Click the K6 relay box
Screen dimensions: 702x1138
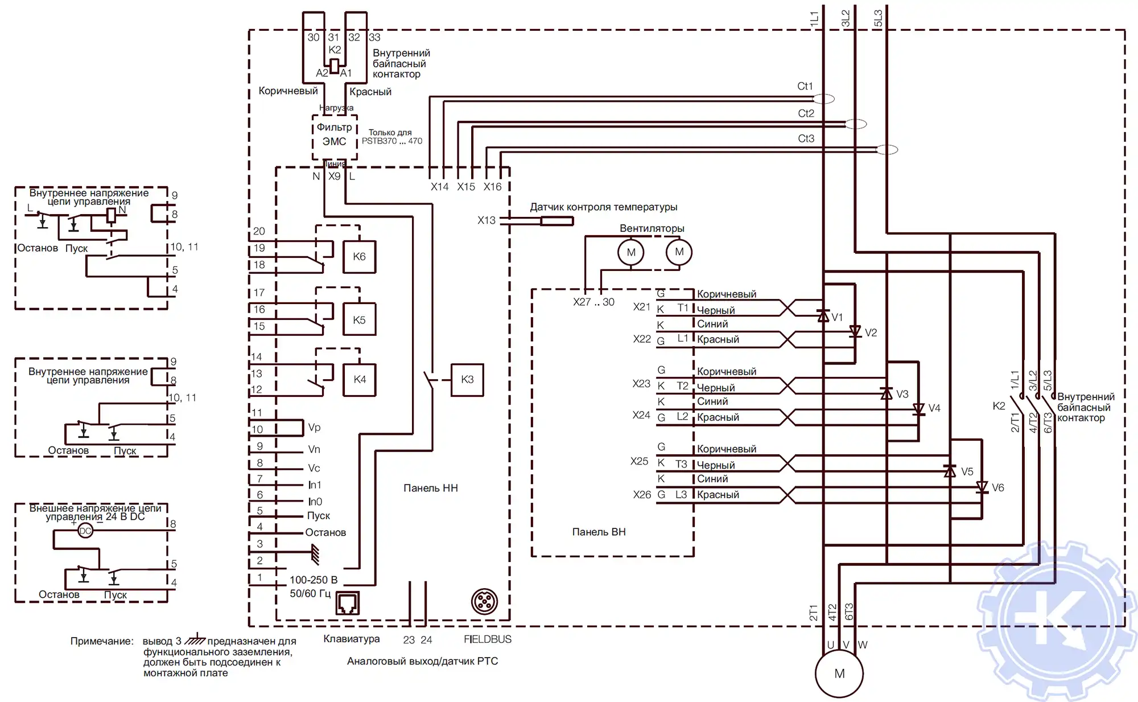359,257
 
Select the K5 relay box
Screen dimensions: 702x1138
359,320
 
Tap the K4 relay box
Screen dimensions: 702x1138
360,379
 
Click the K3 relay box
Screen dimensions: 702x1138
467,380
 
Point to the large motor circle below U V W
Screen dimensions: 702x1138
839,674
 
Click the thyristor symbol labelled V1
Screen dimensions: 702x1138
823,317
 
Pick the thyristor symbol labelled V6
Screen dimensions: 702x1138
982,487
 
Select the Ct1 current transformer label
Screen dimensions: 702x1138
805,87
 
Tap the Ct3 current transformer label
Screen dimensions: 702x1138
806,139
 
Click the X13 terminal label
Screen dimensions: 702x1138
486,220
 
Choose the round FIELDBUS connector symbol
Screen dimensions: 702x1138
485,602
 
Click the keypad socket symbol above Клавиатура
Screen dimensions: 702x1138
348,603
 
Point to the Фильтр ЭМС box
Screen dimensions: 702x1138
335,135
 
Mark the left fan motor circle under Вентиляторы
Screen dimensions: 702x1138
631,252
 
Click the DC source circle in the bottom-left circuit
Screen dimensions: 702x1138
85,531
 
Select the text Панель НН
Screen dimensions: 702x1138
431,488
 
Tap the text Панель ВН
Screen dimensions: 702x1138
599,532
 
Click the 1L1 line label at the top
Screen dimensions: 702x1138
814,18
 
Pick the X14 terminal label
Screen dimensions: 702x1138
439,187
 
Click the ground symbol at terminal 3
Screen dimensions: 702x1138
315,553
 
